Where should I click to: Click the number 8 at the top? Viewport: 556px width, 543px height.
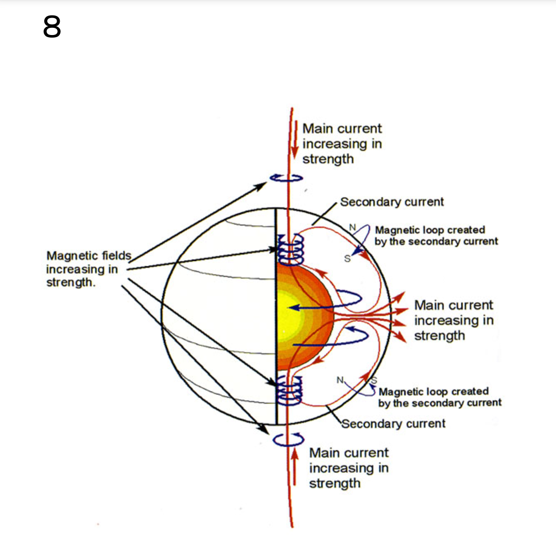pos(52,27)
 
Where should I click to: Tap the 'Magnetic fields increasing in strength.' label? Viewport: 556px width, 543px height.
pos(89,269)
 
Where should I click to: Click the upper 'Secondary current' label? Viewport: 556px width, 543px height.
pos(392,201)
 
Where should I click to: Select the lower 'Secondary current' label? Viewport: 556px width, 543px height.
pos(393,423)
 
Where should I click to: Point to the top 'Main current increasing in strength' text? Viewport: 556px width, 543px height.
pos(342,143)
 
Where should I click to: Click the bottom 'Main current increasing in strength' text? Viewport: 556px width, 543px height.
pos(349,468)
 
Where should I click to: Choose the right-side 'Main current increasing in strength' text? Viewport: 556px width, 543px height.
pos(454,320)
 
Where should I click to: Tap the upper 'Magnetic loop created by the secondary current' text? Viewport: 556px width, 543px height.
pos(436,235)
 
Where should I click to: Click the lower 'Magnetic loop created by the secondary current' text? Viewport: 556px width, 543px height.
pos(440,397)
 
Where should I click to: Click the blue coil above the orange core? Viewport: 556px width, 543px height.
pos(290,249)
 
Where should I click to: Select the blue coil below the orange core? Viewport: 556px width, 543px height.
pos(289,391)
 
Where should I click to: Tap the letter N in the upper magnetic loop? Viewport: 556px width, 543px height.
pos(352,227)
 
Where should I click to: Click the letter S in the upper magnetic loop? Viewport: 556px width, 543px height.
pos(347,259)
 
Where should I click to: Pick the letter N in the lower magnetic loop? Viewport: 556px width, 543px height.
pos(340,380)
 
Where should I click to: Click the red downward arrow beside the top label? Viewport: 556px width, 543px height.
pos(294,140)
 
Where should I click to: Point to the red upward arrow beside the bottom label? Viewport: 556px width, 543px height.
pos(294,466)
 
